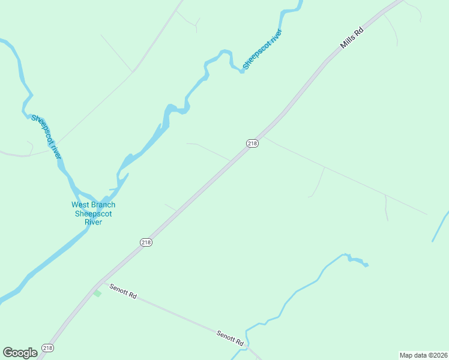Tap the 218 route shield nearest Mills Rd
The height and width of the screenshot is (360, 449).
click(x=252, y=143)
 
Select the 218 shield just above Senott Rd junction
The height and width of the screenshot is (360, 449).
click(x=146, y=242)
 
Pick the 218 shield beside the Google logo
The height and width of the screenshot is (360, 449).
click(x=47, y=348)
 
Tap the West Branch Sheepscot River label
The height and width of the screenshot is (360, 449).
click(x=93, y=214)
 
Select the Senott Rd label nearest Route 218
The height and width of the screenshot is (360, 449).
click(x=123, y=292)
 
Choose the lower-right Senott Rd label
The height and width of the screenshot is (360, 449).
click(x=231, y=337)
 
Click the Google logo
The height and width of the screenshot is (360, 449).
click(x=20, y=352)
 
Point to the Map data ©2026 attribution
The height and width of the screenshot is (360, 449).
click(x=423, y=355)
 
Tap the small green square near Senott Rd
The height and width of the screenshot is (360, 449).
click(x=97, y=293)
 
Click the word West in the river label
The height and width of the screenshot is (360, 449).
click(x=81, y=205)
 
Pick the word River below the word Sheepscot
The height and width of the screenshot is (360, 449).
click(x=93, y=222)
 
